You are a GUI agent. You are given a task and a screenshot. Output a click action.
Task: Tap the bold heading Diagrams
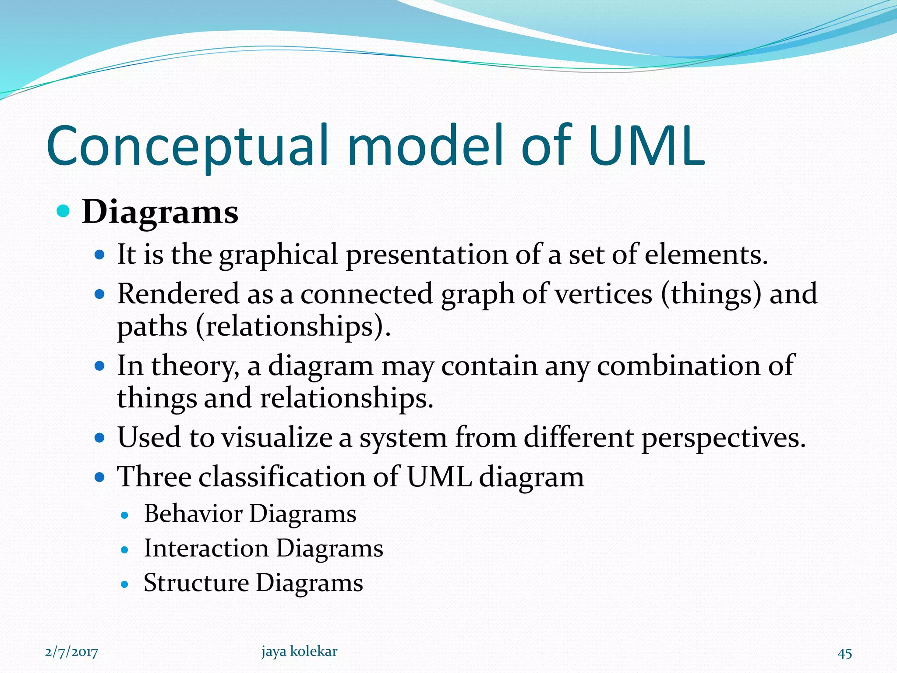(x=160, y=212)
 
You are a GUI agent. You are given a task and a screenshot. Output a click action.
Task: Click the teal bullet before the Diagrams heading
(x=64, y=212)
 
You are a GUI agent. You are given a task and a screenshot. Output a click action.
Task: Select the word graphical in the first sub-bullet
(x=279, y=255)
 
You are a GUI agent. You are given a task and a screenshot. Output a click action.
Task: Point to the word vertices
(x=604, y=294)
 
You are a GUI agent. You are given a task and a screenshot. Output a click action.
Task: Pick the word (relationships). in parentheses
(x=293, y=327)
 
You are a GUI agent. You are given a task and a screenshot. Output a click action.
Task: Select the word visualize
(x=276, y=437)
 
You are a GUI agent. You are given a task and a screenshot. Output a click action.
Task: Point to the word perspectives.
(x=723, y=438)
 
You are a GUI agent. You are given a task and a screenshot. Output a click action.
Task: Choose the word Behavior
(x=193, y=514)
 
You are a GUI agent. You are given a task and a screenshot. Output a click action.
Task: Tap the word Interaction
(x=206, y=548)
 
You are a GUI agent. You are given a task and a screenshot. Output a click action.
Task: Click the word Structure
(x=196, y=583)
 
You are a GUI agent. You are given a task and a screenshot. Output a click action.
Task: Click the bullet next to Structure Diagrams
(x=125, y=584)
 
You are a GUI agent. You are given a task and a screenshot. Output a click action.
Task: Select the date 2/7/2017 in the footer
(x=71, y=652)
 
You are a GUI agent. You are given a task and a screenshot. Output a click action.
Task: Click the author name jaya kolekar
(x=299, y=652)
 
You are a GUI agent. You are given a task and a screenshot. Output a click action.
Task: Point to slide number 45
(x=844, y=653)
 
